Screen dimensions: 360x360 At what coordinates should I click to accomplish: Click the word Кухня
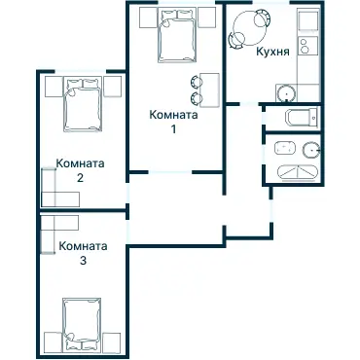coord(272,52)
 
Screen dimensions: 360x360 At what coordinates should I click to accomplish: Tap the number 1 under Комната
coord(174,129)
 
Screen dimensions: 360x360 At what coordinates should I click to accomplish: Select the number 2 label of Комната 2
coord(80,178)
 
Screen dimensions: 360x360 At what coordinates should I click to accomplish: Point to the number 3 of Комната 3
coord(83,261)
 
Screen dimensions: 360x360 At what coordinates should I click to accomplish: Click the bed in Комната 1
coord(177,35)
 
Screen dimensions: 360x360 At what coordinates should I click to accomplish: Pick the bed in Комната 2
coord(83,104)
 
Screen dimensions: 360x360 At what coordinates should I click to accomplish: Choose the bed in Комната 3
coord(83,325)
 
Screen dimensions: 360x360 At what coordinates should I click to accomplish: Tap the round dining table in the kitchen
coord(250,27)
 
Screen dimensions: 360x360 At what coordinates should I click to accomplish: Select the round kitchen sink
coord(286,93)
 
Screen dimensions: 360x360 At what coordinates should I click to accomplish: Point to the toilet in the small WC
coord(301,117)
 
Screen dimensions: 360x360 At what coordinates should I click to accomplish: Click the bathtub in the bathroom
coord(298,172)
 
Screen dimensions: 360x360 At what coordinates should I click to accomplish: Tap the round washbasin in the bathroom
coord(311,150)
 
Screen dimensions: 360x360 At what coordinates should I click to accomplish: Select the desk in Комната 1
coord(210,90)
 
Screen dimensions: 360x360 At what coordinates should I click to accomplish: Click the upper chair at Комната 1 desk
coord(197,82)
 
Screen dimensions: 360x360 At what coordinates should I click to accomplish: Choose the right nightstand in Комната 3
coord(112,342)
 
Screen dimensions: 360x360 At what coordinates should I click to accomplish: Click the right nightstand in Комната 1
coord(206,18)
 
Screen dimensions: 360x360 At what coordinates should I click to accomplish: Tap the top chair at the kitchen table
coord(263,18)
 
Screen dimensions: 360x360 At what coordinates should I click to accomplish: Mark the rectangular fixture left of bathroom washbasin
coord(285,149)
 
